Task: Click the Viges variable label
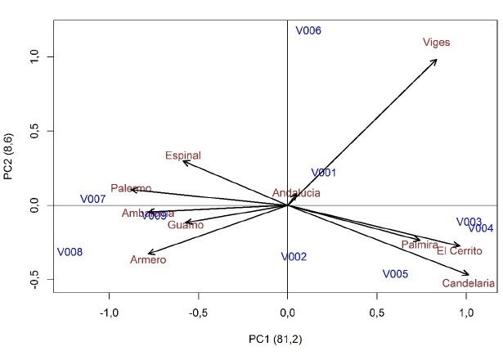[x=436, y=43]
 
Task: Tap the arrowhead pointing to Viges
[x=436, y=59]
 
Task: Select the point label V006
[x=308, y=30]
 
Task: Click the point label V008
[x=70, y=252]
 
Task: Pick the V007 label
[x=92, y=199]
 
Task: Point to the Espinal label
[x=182, y=155]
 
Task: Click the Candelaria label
[x=468, y=283]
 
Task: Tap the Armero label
[x=148, y=260]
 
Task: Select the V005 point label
[x=395, y=274]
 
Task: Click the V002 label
[x=294, y=256]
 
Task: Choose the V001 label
[x=323, y=173]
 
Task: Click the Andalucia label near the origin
[x=296, y=193]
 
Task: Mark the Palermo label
[x=131, y=188]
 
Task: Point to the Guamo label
[x=185, y=225]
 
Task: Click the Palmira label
[x=420, y=245]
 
